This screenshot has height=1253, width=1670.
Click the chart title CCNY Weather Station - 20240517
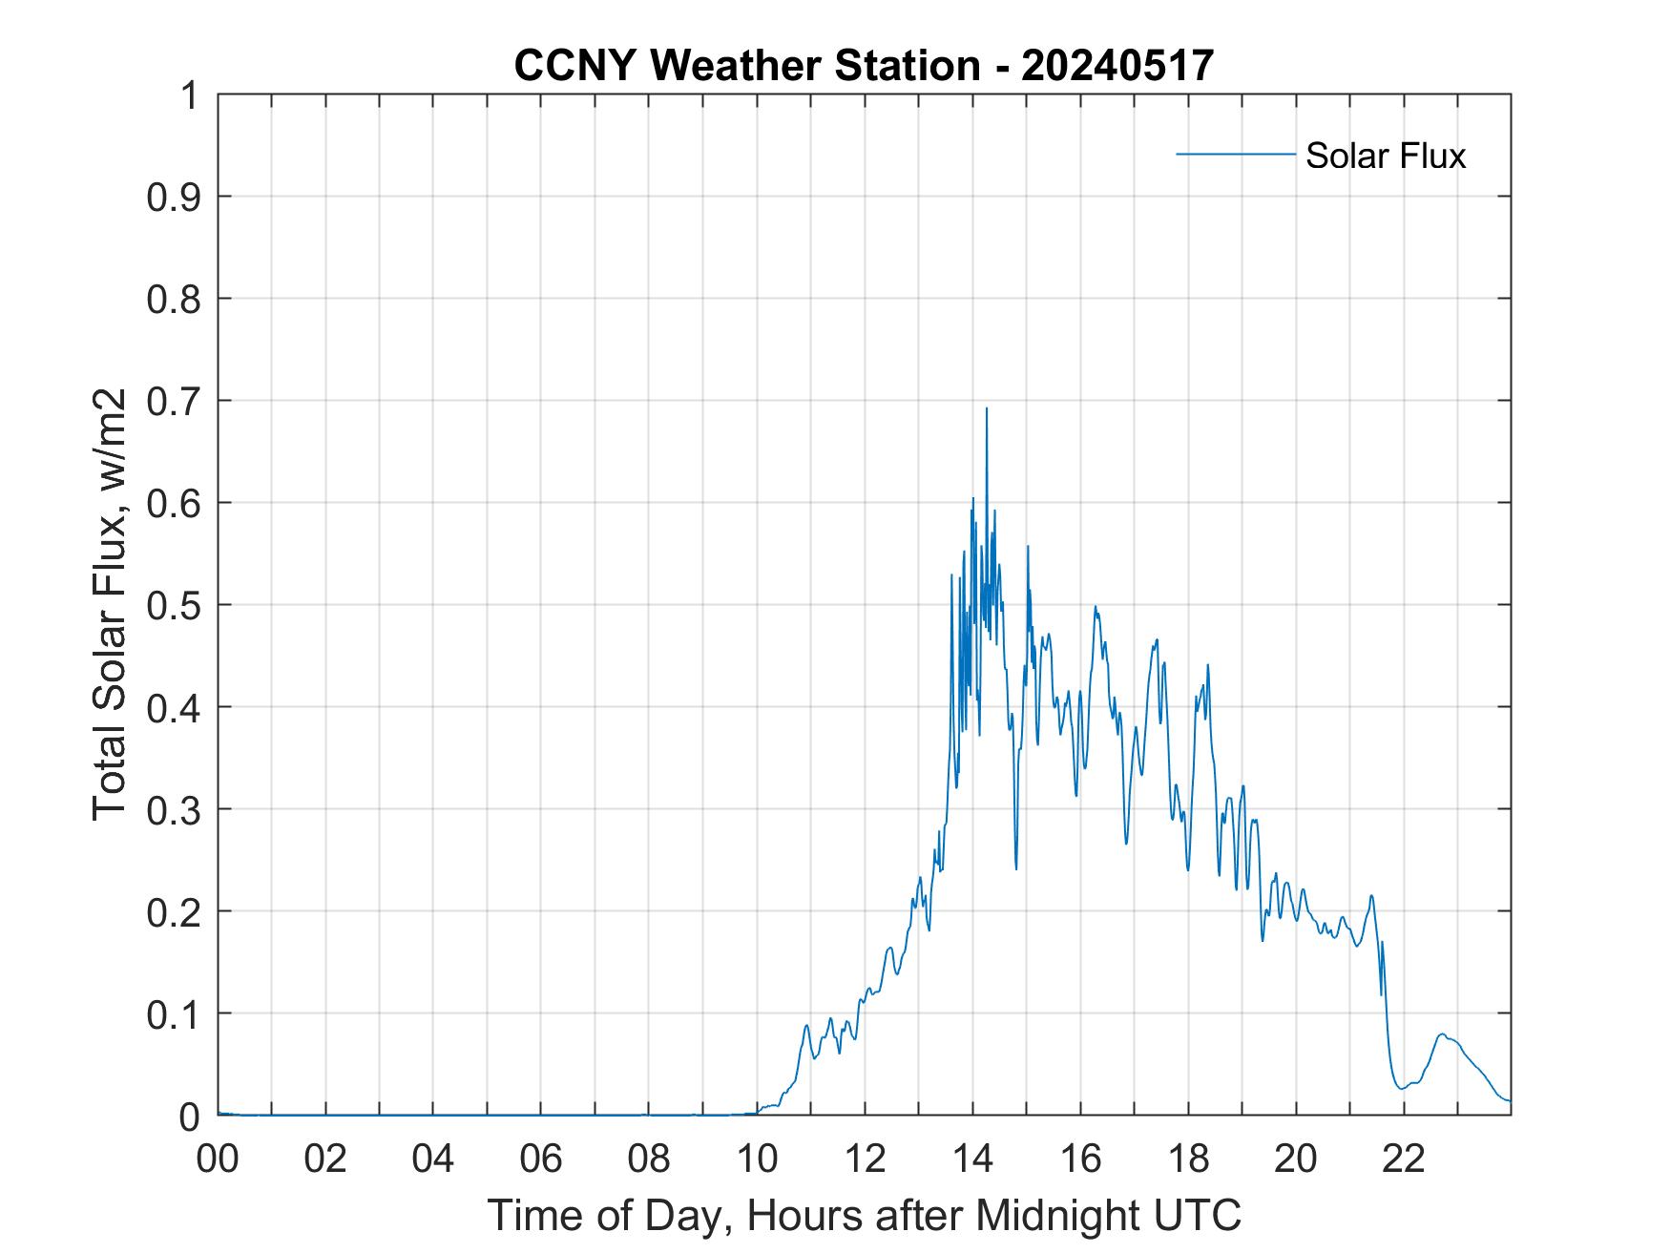[864, 66]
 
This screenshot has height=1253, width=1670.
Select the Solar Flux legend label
[1385, 156]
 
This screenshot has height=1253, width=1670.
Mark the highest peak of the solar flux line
[987, 408]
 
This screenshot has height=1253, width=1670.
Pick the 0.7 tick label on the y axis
[175, 401]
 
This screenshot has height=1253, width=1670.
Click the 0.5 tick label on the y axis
[175, 605]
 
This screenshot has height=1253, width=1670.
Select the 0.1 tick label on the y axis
[175, 1013]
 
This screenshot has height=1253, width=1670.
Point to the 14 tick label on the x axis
[972, 1159]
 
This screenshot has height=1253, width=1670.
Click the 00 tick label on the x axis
[219, 1159]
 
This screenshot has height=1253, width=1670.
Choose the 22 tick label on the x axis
[1404, 1159]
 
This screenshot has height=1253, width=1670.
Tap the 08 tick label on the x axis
[649, 1159]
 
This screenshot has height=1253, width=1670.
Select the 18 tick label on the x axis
[1188, 1159]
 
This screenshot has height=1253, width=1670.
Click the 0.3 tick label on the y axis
[175, 809]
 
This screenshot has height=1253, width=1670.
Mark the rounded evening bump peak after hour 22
[1442, 1034]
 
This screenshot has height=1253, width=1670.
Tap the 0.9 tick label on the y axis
[175, 197]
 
